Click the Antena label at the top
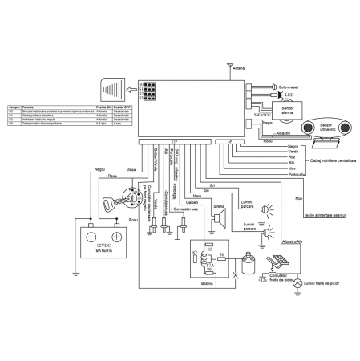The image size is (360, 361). pos(238,69)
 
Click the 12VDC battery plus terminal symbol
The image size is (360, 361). pos(116,237)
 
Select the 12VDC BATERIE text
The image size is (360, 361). pos(103,249)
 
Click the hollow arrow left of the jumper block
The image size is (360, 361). pos(117,90)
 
